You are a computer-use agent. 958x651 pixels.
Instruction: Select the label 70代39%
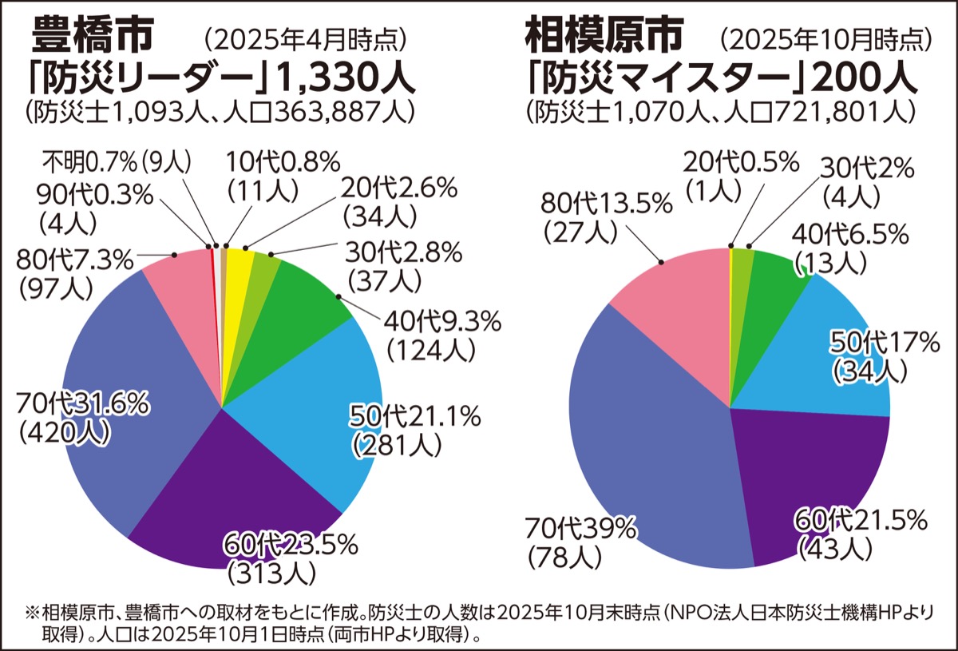pyautogui.click(x=580, y=527)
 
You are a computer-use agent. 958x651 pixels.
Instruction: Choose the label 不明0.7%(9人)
pyautogui.click(x=117, y=162)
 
